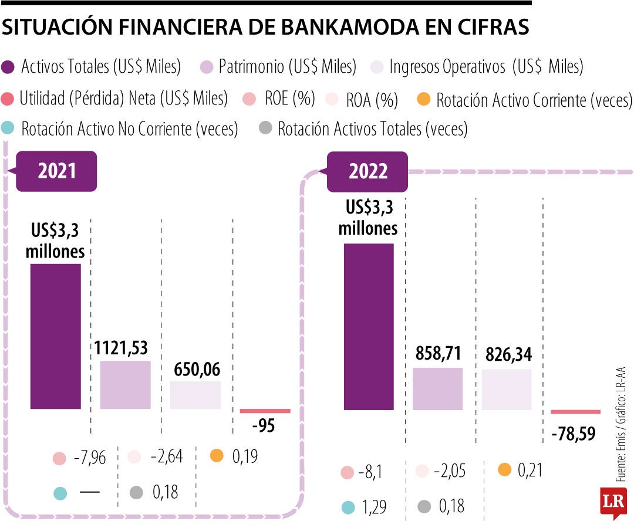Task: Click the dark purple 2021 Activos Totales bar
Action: pyautogui.click(x=56, y=336)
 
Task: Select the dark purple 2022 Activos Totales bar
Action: pyautogui.click(x=369, y=326)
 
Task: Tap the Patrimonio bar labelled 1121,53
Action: pyautogui.click(x=125, y=385)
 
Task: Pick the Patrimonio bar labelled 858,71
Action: pyautogui.click(x=437, y=388)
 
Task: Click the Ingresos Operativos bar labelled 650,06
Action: pyautogui.click(x=195, y=395)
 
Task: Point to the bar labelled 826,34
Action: pyautogui.click(x=507, y=389)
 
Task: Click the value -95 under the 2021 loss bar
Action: pyautogui.click(x=264, y=427)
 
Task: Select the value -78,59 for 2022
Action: pyautogui.click(x=574, y=434)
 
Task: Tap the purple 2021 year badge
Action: pyautogui.click(x=56, y=170)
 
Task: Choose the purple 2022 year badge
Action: pyautogui.click(x=368, y=171)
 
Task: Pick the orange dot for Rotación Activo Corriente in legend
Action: pyautogui.click(x=423, y=100)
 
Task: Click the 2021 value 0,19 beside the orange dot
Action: pyautogui.click(x=245, y=456)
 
